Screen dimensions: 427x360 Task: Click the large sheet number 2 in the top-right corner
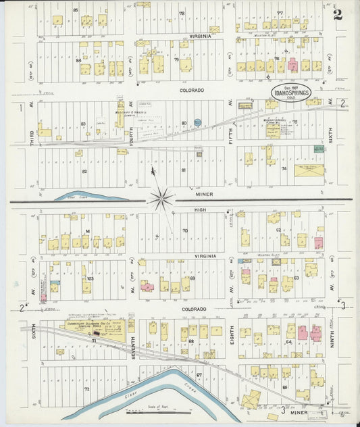tap(337, 14)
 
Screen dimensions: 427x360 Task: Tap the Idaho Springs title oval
tap(291, 94)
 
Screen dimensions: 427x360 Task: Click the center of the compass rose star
tap(161, 199)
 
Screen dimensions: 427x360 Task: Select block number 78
tap(182, 14)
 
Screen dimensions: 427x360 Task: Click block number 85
tap(76, 10)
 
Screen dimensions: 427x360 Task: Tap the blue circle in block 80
tap(197, 122)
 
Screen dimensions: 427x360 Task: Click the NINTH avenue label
tap(332, 338)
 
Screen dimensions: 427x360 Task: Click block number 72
tap(86, 390)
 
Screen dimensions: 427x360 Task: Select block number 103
tap(90, 278)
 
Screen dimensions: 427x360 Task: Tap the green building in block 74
tap(319, 149)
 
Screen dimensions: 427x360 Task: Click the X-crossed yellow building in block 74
tap(309, 170)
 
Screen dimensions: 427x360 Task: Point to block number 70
tap(184, 231)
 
